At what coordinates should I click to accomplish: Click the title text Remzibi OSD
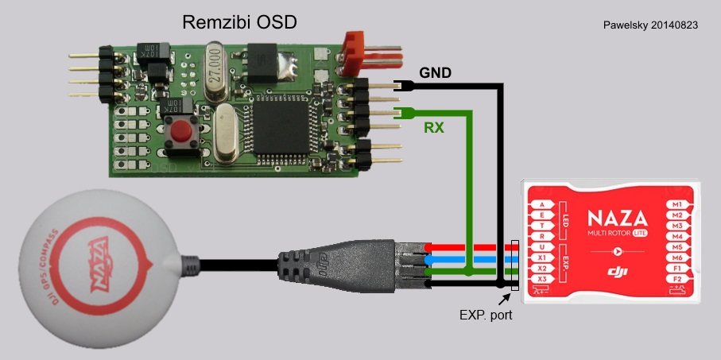point(239,21)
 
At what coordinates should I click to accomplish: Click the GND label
point(435,72)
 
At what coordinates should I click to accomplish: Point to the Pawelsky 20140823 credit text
point(651,25)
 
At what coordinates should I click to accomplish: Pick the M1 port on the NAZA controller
point(677,204)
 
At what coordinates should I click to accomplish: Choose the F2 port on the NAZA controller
point(677,279)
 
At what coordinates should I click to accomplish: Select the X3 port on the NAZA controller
point(542,279)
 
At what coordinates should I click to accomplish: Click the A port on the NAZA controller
point(542,204)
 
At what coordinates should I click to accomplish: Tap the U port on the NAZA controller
point(542,246)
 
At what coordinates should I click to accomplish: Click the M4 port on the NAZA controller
point(677,236)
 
